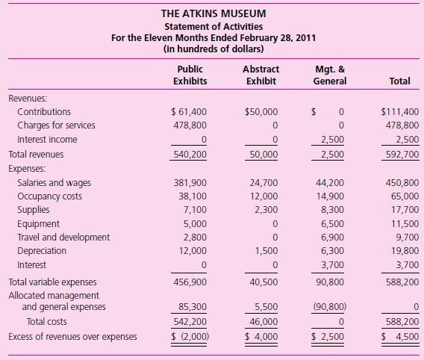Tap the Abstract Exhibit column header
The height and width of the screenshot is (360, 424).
click(261, 75)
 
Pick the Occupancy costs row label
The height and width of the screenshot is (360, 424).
click(49, 196)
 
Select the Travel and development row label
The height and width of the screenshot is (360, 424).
click(63, 237)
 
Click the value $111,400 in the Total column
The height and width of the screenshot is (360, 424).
click(399, 112)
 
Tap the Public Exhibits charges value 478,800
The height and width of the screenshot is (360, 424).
click(190, 125)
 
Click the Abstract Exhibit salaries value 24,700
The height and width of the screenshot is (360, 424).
click(264, 183)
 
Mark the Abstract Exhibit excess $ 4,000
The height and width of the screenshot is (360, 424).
click(261, 337)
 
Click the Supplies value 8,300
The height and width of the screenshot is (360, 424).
click(331, 210)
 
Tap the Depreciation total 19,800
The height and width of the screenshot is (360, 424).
click(404, 251)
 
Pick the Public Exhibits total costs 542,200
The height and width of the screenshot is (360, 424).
click(190, 322)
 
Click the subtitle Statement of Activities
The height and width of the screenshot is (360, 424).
click(211, 27)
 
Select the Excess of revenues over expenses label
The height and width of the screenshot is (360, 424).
click(72, 337)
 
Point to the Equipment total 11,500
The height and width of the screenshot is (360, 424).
click(404, 223)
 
